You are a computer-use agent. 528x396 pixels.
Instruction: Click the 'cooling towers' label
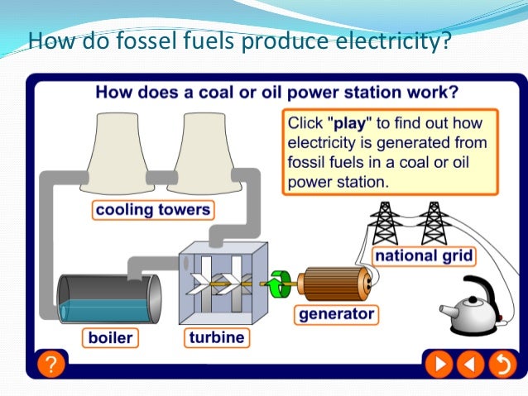pos(153,209)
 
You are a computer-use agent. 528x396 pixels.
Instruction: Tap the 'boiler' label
pos(111,337)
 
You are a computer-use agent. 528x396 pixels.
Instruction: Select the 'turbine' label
pos(216,337)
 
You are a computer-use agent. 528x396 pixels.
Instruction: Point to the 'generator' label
pos(336,314)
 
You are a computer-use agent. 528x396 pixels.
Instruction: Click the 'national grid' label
pos(424,255)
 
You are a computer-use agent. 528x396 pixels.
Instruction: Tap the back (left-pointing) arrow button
pos(471,363)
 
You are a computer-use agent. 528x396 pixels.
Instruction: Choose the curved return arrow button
pos(500,363)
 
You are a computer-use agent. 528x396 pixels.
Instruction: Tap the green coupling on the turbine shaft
pos(276,284)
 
